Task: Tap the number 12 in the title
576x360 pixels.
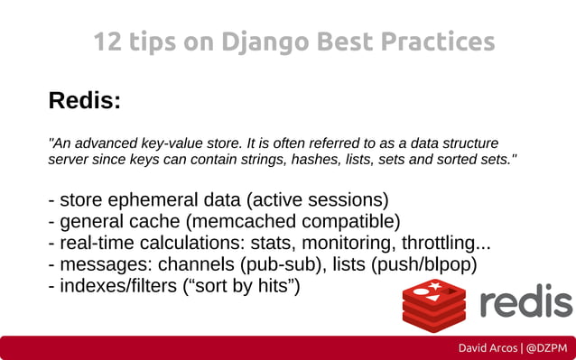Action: pyautogui.click(x=107, y=42)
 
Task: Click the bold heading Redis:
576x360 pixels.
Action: pyautogui.click(x=84, y=100)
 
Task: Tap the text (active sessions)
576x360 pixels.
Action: pyautogui.click(x=317, y=199)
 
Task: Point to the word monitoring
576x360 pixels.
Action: pyautogui.click(x=346, y=243)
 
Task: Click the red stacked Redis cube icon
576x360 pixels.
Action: pyautogui.click(x=433, y=305)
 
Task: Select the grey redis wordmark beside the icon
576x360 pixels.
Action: pyautogui.click(x=525, y=303)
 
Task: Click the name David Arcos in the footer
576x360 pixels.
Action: pyautogui.click(x=488, y=347)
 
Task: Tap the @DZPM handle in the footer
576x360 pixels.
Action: pyautogui.click(x=546, y=347)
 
